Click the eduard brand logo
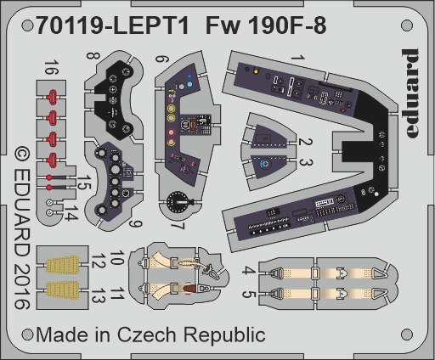410,93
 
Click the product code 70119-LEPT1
112,25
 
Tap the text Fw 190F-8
266,25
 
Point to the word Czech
146,335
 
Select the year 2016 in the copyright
22,286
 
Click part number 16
52,67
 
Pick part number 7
178,226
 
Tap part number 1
297,58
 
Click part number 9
135,223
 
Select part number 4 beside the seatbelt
248,271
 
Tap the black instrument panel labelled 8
117,99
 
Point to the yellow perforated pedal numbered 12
63,265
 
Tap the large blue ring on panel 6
189,84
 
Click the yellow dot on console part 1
256,71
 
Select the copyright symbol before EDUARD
22,155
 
